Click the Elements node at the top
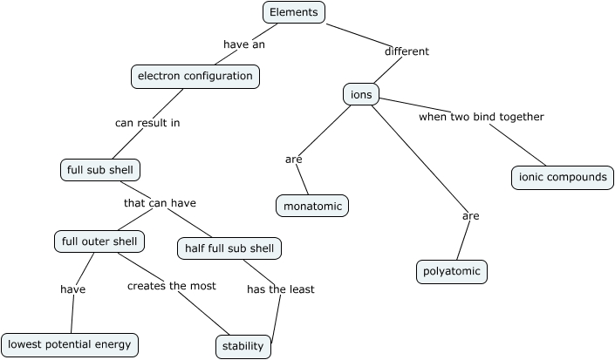(294, 12)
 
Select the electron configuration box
(195, 77)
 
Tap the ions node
(361, 94)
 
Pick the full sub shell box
(99, 170)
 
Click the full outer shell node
(99, 241)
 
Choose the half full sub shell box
(229, 248)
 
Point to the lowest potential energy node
(70, 344)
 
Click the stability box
(243, 346)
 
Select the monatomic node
(312, 206)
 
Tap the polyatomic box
(451, 272)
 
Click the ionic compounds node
(562, 177)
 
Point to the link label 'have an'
(244, 44)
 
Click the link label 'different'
(407, 51)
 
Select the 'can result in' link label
(147, 123)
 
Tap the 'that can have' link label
(160, 203)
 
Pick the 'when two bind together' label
(482, 117)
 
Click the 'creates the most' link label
(172, 286)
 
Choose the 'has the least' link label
(280, 289)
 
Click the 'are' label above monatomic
(293, 160)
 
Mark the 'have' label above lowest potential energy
(72, 289)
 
